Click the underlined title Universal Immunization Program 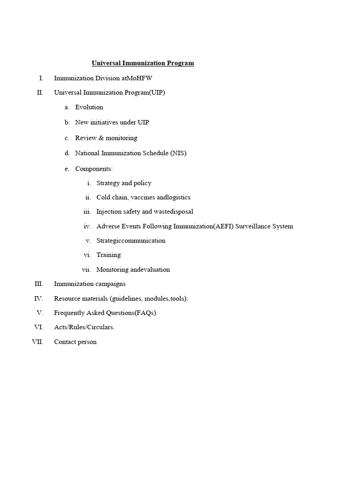(x=142, y=63)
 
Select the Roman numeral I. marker (x=41, y=78)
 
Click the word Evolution (x=89, y=107)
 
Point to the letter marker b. (x=67, y=122)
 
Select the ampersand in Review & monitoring (x=101, y=138)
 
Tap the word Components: (x=94, y=169)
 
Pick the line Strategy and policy (x=124, y=183)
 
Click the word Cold (x=104, y=197)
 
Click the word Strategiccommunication (x=131, y=240)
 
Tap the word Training (x=108, y=255)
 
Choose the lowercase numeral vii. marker (x=86, y=270)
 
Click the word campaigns (x=110, y=284)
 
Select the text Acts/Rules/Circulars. (x=84, y=327)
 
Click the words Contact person (x=75, y=342)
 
